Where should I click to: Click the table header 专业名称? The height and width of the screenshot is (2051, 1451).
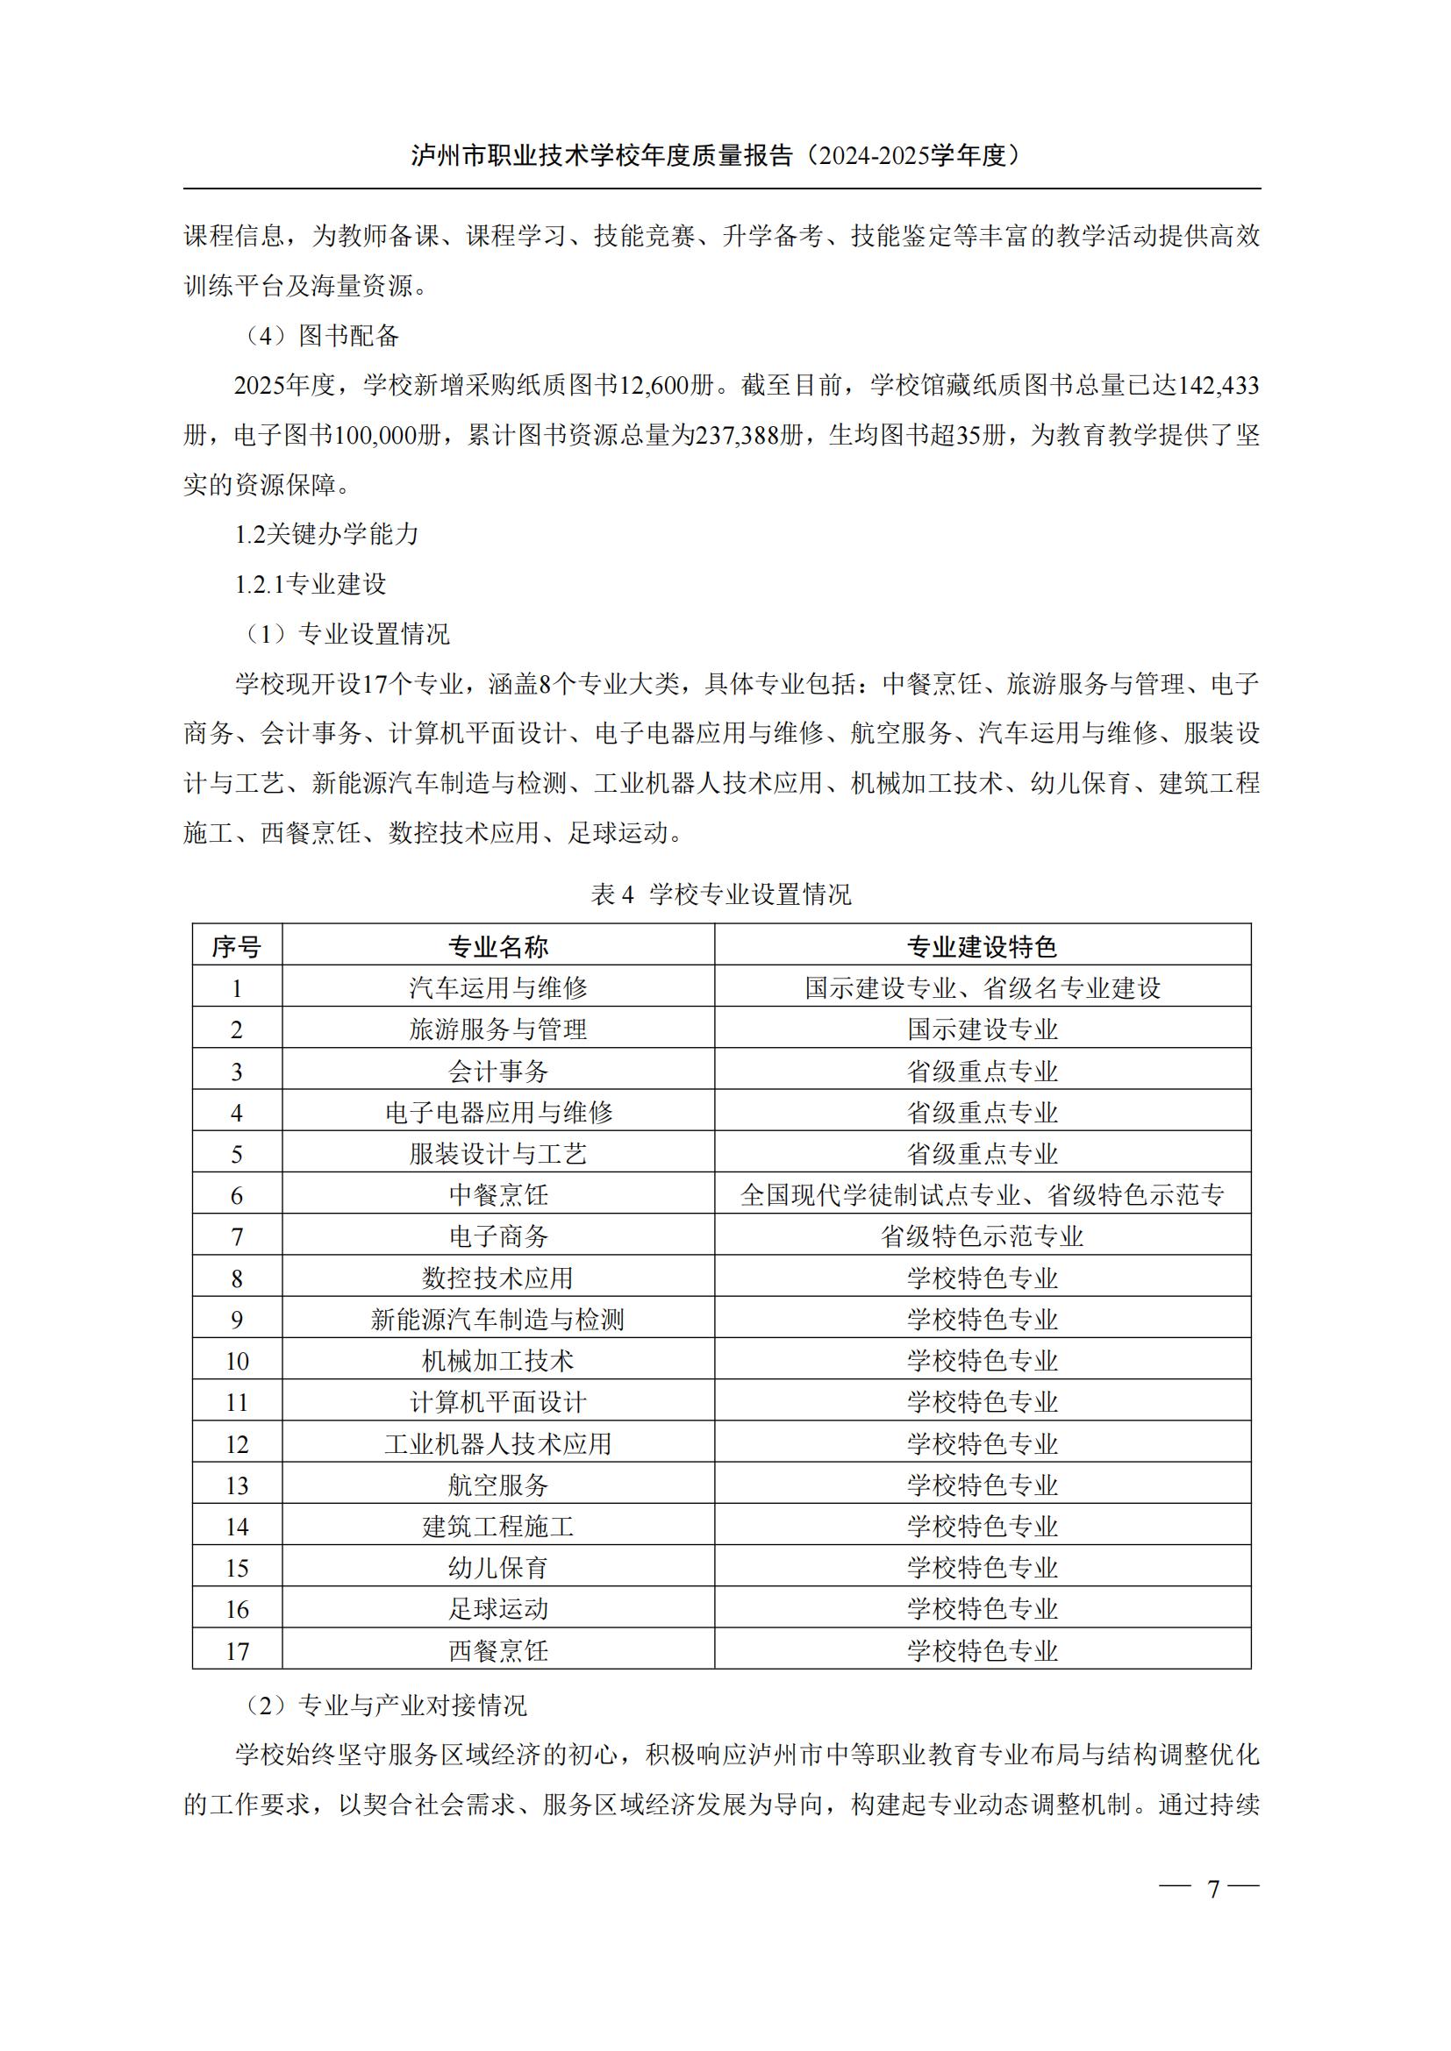(x=497, y=947)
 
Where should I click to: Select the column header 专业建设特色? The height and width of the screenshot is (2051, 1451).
(x=982, y=947)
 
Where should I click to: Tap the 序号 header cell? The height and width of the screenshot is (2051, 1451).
(x=237, y=947)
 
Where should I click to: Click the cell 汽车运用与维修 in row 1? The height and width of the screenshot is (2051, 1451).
(x=497, y=988)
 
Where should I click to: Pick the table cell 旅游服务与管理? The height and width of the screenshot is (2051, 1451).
(x=497, y=1029)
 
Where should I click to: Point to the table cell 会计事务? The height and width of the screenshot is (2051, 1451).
(x=497, y=1071)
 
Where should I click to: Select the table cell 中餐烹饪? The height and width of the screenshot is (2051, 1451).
(x=497, y=1195)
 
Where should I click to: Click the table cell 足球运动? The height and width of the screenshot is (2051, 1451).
(x=497, y=1609)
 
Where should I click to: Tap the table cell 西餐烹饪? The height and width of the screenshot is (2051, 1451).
(x=497, y=1651)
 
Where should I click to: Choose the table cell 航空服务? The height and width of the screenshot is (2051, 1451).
(x=497, y=1485)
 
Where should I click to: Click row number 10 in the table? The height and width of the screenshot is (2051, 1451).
(x=237, y=1362)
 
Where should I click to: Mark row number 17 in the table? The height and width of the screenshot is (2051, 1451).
(x=237, y=1651)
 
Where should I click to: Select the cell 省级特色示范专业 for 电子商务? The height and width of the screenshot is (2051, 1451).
(x=982, y=1236)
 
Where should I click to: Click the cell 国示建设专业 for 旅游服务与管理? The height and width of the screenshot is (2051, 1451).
(x=982, y=1029)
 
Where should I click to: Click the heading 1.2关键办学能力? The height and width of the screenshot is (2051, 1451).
(x=327, y=534)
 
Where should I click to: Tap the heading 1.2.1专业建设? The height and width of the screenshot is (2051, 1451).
(x=310, y=584)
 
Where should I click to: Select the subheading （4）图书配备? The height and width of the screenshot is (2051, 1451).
(x=323, y=336)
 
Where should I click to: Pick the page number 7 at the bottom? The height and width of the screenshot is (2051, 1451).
(x=1212, y=1890)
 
